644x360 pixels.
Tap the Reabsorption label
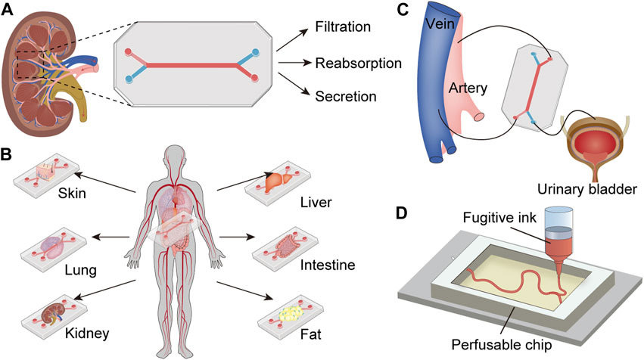358,63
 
